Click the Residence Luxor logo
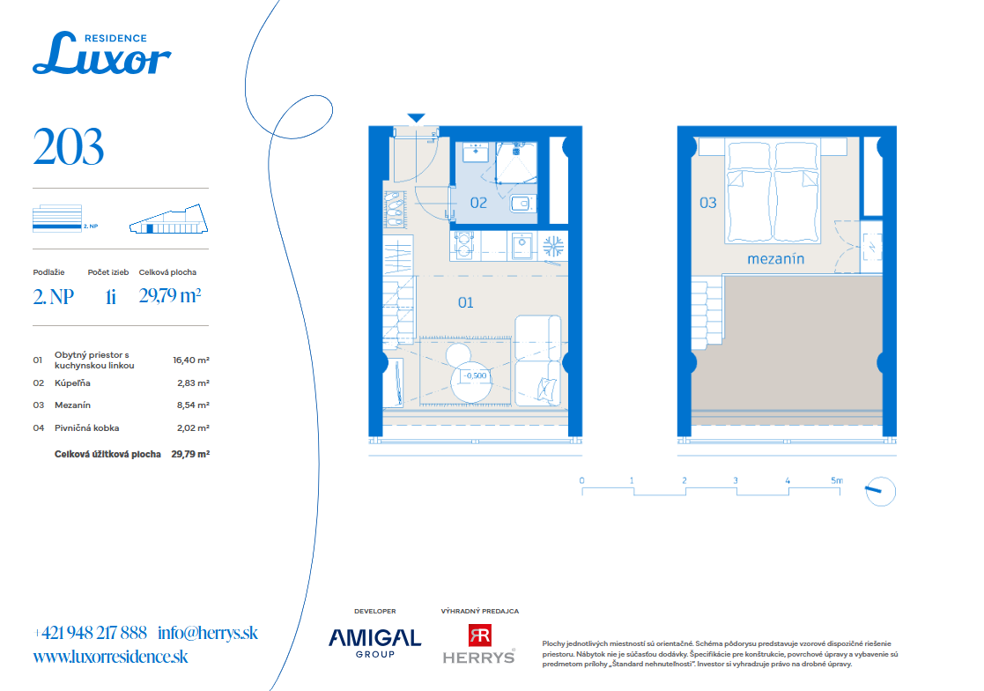click(x=101, y=54)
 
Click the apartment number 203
click(x=69, y=147)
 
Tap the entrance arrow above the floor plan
click(x=416, y=118)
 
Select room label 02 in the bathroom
click(x=478, y=203)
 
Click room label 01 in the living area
click(x=466, y=302)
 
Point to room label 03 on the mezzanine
click(x=708, y=203)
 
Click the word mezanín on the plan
click(x=775, y=258)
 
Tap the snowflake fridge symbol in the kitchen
click(x=553, y=246)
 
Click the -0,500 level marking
click(x=475, y=375)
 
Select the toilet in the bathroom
click(x=522, y=204)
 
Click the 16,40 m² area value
click(x=191, y=360)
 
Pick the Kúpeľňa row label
click(x=72, y=383)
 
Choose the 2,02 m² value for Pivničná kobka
click(x=193, y=428)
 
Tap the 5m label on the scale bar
click(x=837, y=480)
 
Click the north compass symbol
click(x=880, y=491)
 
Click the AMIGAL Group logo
click(x=374, y=643)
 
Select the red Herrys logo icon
click(x=480, y=635)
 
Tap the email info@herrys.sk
click(x=208, y=633)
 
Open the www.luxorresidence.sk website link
click(x=110, y=657)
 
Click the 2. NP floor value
click(x=54, y=296)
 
